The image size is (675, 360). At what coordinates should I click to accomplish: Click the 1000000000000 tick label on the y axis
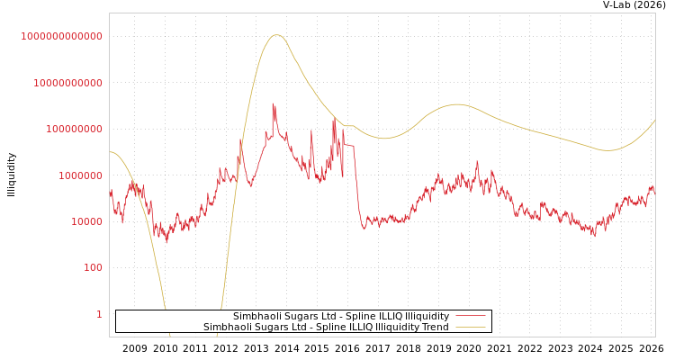[x=62, y=36]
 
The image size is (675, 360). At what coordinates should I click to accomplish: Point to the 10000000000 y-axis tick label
[x=67, y=83]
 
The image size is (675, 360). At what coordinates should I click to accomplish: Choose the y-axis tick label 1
[x=99, y=314]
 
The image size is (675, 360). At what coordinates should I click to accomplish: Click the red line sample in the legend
[x=471, y=316]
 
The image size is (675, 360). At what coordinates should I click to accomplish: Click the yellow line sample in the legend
[x=471, y=327]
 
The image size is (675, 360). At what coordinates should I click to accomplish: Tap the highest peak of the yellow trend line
[x=276, y=35]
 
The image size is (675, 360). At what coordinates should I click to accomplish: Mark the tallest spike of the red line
[x=273, y=103]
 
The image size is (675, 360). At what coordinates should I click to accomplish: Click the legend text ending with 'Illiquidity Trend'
[x=326, y=327]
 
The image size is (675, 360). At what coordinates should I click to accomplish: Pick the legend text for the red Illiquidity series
[x=341, y=316]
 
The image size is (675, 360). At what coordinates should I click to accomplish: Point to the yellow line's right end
[x=654, y=121]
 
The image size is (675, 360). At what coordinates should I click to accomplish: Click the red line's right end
[x=654, y=193]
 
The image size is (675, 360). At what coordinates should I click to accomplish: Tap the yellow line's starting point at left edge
[x=110, y=152]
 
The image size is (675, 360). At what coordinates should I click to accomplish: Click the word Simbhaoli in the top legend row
[x=255, y=316]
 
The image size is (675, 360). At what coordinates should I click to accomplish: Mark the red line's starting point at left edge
[x=110, y=193]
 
